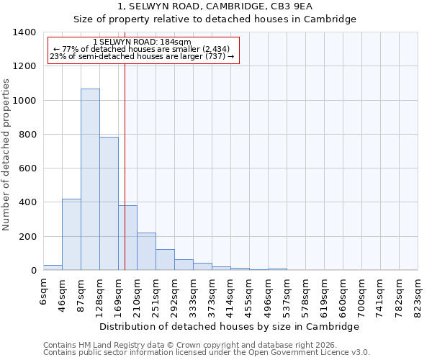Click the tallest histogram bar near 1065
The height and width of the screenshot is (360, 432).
click(90, 179)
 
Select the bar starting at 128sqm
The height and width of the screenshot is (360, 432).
click(109, 204)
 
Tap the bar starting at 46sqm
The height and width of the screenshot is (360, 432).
click(71, 235)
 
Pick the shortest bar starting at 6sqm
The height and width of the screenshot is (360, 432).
click(53, 267)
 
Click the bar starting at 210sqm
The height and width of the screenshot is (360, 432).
click(146, 251)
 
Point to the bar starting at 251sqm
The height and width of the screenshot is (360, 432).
click(165, 260)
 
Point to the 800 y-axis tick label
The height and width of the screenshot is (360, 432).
click(27, 135)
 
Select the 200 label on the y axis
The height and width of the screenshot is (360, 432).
click(27, 237)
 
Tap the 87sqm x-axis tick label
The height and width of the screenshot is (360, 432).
click(81, 293)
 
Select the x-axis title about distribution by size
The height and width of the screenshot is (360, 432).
click(229, 326)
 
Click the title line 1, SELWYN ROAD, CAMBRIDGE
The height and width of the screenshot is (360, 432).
click(215, 6)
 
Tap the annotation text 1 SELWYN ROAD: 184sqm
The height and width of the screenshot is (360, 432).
click(143, 42)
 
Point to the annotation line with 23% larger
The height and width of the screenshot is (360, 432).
click(142, 57)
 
